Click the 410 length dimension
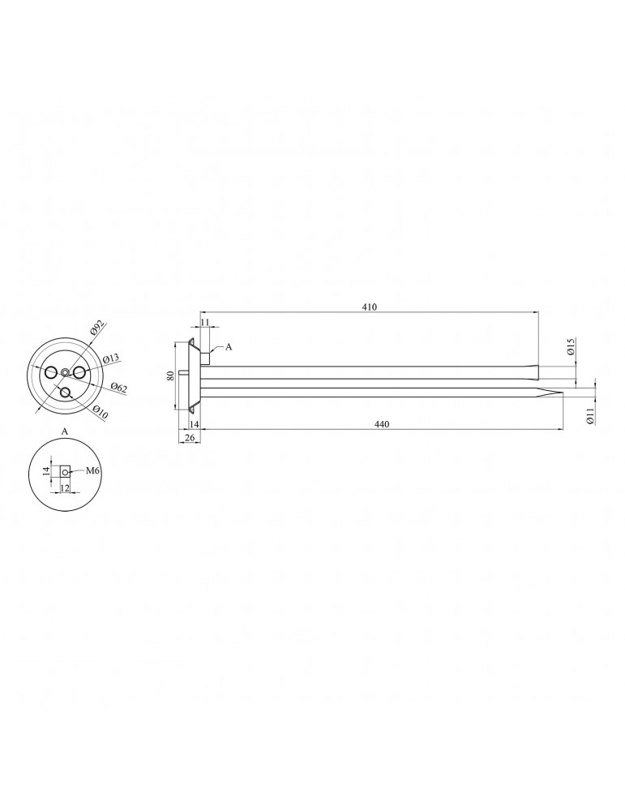click(369, 307)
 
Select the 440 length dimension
click(381, 424)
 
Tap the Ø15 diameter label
click(571, 346)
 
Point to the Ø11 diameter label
click(590, 416)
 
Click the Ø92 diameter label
click(97, 328)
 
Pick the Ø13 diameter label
click(110, 358)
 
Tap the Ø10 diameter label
click(101, 413)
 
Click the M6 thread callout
click(92, 470)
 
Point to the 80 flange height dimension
click(170, 376)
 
